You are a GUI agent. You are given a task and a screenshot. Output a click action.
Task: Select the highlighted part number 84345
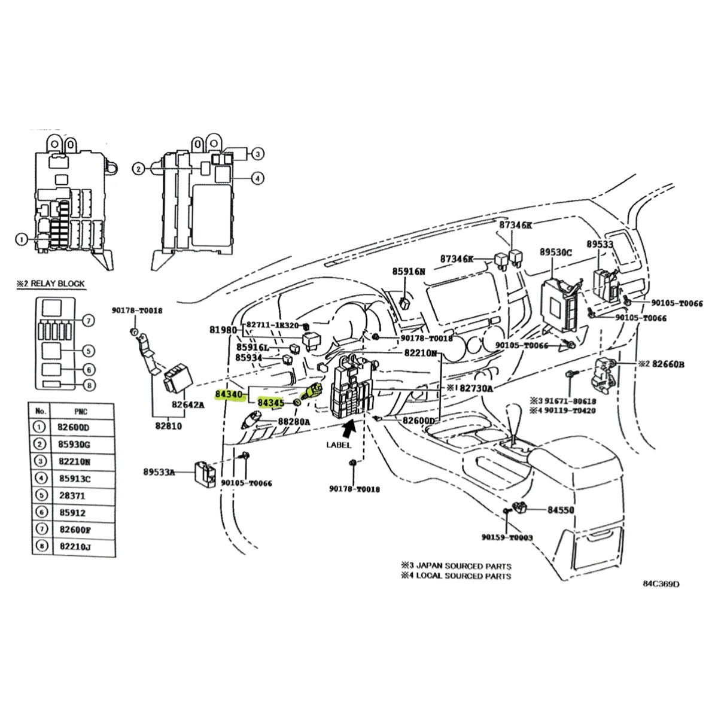270,403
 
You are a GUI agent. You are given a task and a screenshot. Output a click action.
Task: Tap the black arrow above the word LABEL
348,427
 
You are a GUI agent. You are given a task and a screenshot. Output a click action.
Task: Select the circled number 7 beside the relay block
88,321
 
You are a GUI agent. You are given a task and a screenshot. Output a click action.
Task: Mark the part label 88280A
293,422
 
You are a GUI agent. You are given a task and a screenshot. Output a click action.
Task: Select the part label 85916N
408,271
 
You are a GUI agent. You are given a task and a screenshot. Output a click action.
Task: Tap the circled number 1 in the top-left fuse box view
22,241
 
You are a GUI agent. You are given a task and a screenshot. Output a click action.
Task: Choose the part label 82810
168,427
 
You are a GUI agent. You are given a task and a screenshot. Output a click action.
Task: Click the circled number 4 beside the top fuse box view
257,177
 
